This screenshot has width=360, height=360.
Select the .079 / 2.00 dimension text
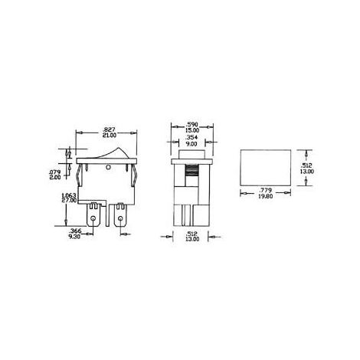(66, 172)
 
